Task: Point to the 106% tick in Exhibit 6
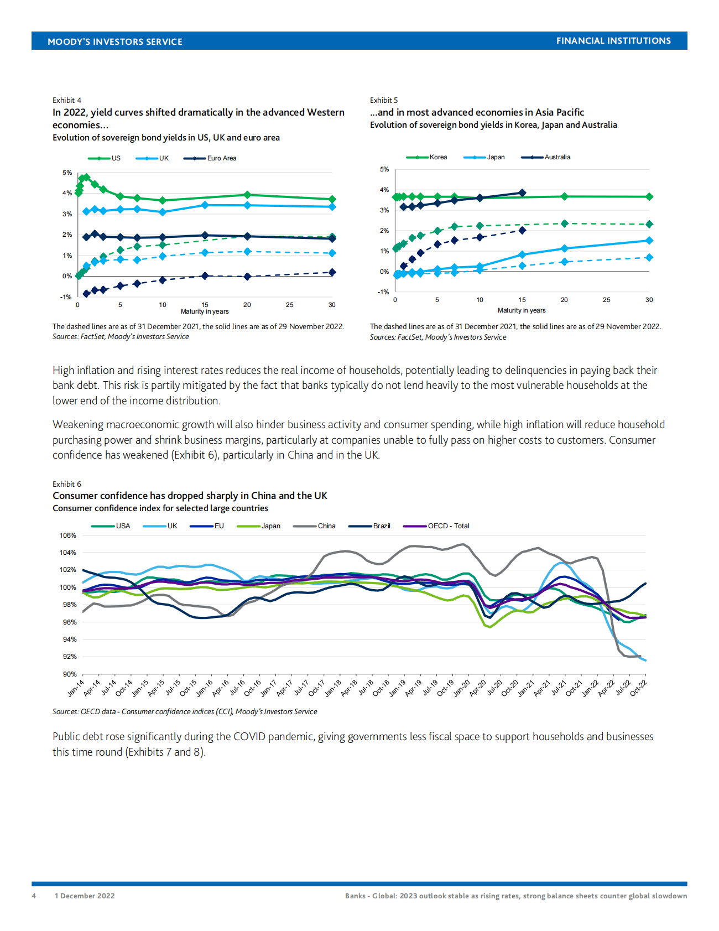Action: click(67, 535)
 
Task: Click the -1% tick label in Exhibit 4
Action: click(66, 297)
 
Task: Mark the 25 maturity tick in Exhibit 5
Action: click(607, 300)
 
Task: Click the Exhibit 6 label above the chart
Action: click(67, 484)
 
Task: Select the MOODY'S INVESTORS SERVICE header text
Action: click(115, 41)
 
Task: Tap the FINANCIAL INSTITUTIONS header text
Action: click(613, 41)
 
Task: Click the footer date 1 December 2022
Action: click(85, 896)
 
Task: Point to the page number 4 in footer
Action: click(34, 896)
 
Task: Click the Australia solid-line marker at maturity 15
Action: click(522, 193)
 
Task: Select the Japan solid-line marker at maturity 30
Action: click(649, 241)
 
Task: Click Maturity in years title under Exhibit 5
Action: click(522, 310)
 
